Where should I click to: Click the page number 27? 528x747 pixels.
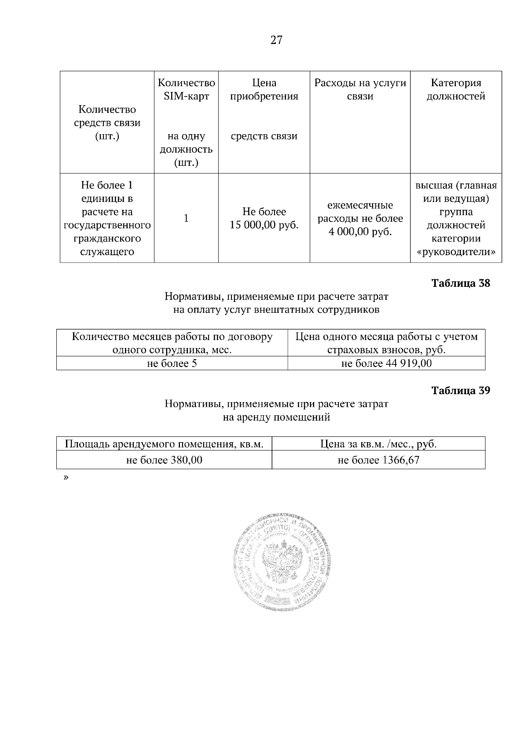tap(276, 41)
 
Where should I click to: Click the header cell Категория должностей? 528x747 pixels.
tap(456, 89)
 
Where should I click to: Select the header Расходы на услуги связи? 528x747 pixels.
tap(360, 89)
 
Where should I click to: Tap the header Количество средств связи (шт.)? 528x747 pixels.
tap(107, 123)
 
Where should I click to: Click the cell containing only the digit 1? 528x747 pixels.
tap(186, 218)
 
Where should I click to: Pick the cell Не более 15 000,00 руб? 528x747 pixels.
tap(264, 219)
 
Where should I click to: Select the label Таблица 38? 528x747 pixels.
tap(460, 283)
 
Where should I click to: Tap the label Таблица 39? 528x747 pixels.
tap(460, 390)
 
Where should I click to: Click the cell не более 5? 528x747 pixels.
tap(172, 363)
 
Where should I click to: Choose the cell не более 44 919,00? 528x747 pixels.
tap(386, 363)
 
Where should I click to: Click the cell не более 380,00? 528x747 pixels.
tap(164, 460)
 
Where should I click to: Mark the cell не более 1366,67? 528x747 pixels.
tap(378, 460)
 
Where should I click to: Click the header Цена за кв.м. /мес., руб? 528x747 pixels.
tap(378, 444)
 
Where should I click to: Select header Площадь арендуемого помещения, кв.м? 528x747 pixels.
tap(164, 444)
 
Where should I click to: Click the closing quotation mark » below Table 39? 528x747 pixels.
tap(66, 477)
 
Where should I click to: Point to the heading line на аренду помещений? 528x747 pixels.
tap(276, 417)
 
